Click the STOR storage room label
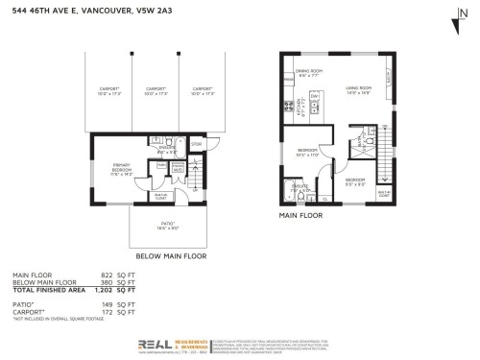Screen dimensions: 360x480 click(x=197, y=144)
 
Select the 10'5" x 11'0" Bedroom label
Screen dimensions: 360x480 click(x=307, y=154)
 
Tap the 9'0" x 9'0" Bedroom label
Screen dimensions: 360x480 click(x=354, y=182)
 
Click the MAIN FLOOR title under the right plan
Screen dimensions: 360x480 click(x=300, y=216)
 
